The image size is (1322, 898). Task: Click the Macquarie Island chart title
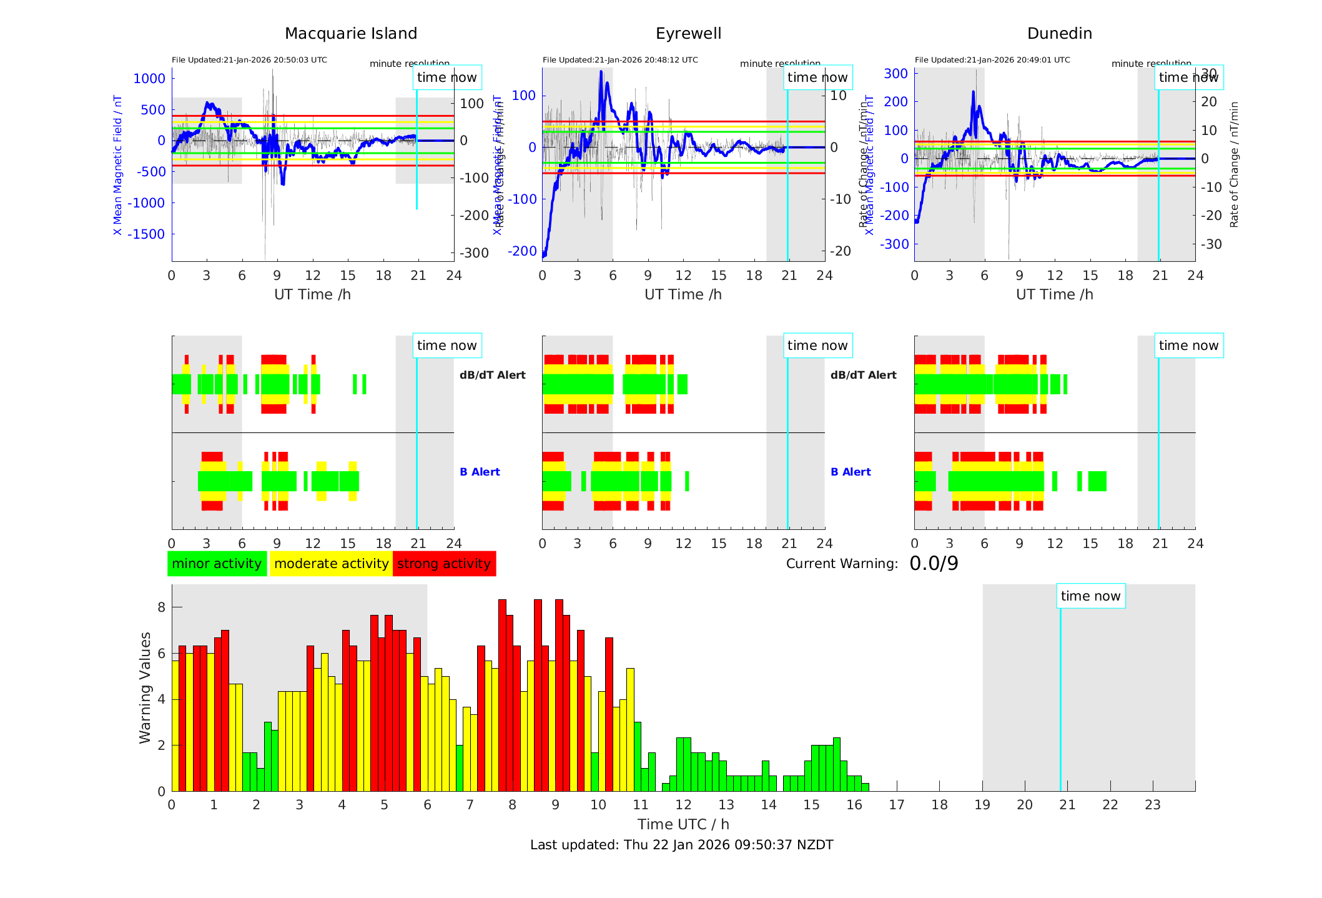click(350, 34)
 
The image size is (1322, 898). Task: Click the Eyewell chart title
click(688, 34)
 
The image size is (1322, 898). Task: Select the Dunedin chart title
click(1059, 34)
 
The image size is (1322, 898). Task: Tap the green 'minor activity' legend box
click(217, 564)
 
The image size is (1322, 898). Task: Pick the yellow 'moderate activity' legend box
click(331, 564)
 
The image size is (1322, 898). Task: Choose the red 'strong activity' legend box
click(444, 564)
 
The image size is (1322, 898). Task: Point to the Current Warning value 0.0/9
click(934, 564)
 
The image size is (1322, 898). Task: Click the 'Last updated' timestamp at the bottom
click(681, 845)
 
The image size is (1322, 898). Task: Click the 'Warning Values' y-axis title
click(146, 687)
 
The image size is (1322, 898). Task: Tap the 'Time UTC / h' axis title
click(683, 824)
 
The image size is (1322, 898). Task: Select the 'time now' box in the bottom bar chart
click(1090, 596)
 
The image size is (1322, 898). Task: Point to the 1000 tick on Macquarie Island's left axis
click(149, 79)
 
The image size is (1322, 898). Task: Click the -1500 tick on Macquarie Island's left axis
click(147, 234)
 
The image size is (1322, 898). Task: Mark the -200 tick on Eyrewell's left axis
click(522, 251)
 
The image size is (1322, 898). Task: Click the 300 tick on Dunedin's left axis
click(895, 74)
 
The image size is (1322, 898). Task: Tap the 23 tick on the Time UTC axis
click(1152, 805)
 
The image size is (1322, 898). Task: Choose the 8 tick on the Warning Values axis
click(162, 607)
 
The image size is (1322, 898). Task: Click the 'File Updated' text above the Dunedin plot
click(992, 60)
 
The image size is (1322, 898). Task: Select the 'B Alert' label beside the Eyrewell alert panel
click(851, 472)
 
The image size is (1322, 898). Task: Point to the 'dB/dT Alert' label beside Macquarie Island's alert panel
click(492, 375)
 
